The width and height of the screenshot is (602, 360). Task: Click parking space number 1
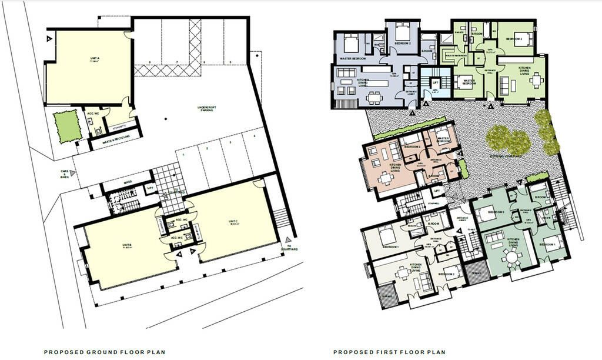(184, 155)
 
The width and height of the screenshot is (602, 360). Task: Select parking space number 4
(254, 137)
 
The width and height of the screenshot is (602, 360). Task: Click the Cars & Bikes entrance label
(65, 175)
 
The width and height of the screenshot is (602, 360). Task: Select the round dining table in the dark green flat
(510, 256)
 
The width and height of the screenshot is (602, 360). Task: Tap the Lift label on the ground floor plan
(150, 187)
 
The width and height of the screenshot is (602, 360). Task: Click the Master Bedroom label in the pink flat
(444, 139)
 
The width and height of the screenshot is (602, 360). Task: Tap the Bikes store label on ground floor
(128, 182)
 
